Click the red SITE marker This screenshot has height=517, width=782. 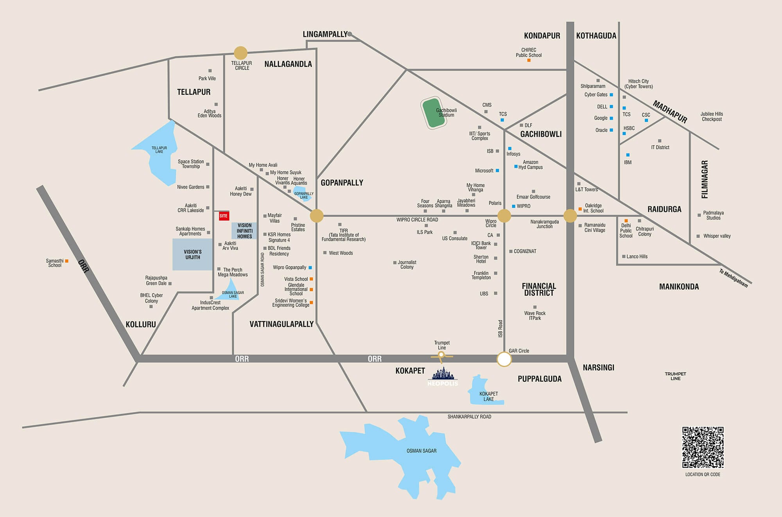coord(224,216)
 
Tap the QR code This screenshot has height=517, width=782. coord(703,447)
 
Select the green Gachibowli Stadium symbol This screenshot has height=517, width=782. coord(434,113)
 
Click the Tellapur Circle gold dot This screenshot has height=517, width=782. coord(240,53)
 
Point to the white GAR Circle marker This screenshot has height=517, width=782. coord(504,359)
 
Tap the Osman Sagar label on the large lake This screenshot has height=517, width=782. coord(421,451)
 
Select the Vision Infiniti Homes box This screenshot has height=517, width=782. coord(244,231)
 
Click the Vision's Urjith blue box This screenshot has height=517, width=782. coord(193,254)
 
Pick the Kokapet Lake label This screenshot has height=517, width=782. coord(488,396)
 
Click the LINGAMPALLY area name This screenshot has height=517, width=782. coord(325,34)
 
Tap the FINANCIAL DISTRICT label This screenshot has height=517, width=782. coord(539,290)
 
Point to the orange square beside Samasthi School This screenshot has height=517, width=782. coord(67,261)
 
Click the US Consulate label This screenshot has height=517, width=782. coord(455,238)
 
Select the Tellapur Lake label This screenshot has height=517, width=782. coord(159,150)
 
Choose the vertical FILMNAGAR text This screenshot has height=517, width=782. coord(705,179)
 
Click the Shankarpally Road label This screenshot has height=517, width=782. coord(469,417)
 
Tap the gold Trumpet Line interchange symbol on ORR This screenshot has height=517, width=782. coord(441,355)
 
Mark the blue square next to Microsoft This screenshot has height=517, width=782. coord(497,171)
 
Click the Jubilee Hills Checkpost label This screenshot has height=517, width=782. coord(712,116)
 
